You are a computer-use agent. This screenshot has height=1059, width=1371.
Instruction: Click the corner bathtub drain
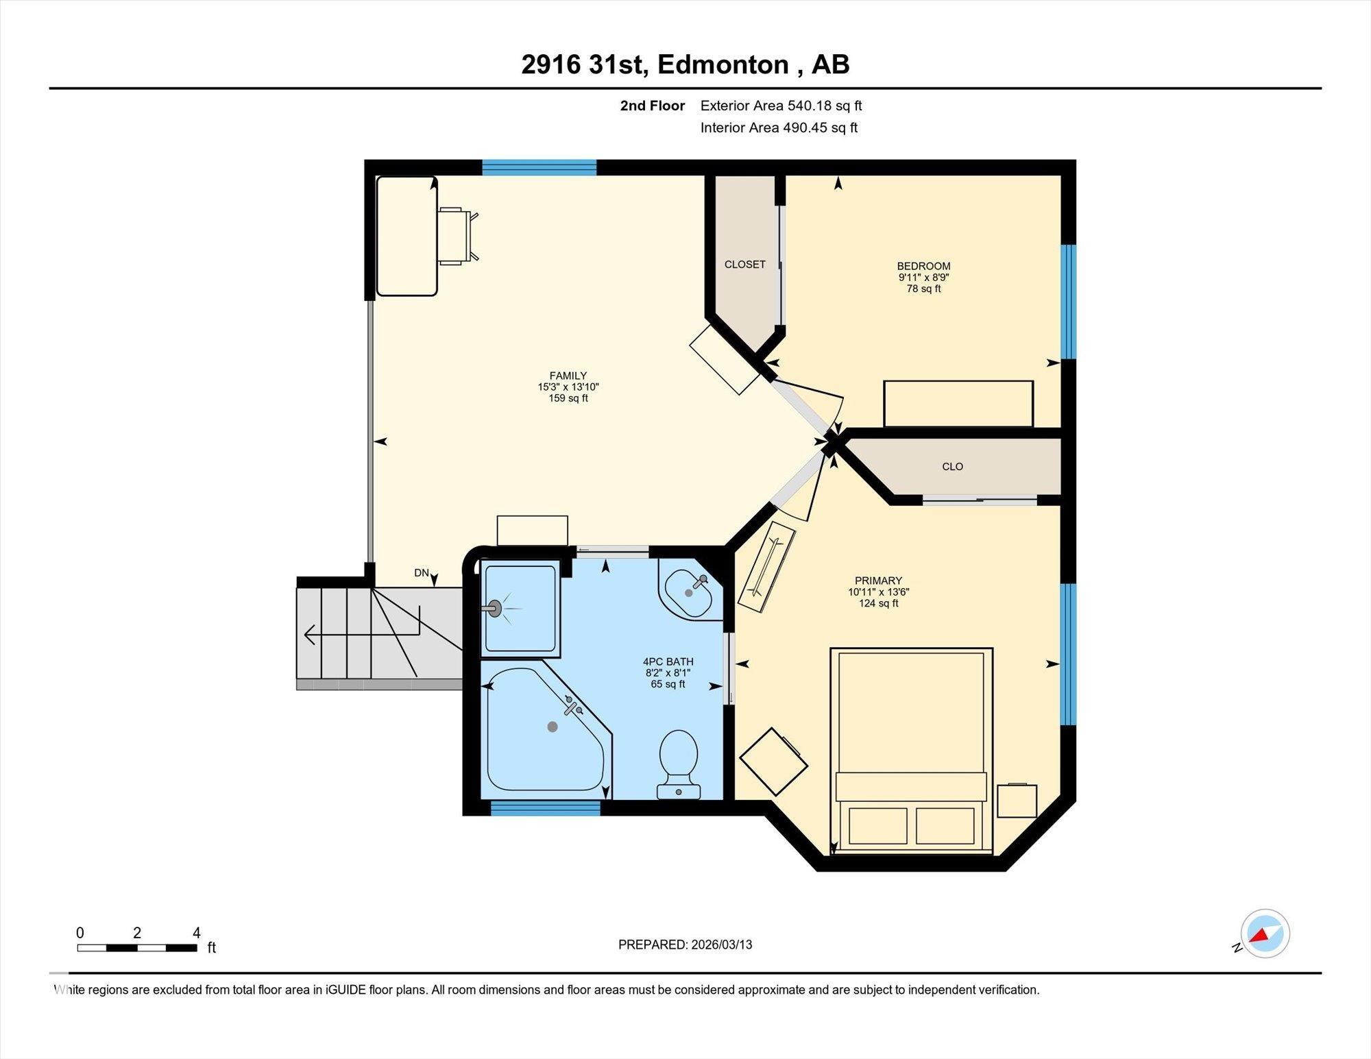point(553,727)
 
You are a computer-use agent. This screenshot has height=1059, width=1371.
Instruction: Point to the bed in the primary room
point(912,751)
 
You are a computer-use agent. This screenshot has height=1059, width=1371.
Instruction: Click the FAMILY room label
point(568,376)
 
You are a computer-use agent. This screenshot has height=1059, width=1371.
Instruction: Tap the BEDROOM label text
point(923,266)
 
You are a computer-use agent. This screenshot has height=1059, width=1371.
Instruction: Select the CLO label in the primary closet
point(952,467)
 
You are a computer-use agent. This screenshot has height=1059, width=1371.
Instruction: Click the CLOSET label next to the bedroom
point(745,265)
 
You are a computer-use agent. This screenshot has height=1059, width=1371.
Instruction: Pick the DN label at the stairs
point(422,573)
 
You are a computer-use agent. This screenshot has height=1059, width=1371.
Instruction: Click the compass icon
point(1265,934)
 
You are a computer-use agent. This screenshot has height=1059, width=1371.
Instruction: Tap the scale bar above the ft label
point(137,948)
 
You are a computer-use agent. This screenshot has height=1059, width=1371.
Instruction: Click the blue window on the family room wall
point(539,167)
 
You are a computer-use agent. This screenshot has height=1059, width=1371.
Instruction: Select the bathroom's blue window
point(546,808)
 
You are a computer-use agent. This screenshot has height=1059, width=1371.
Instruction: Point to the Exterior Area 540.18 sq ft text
point(781,106)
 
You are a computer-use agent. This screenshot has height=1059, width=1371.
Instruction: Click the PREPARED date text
point(685,945)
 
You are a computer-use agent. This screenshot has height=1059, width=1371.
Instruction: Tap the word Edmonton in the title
point(723,64)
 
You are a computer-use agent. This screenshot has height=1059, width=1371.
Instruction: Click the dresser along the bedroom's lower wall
point(958,404)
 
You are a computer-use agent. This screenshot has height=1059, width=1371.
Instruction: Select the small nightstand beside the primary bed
point(1017,801)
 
